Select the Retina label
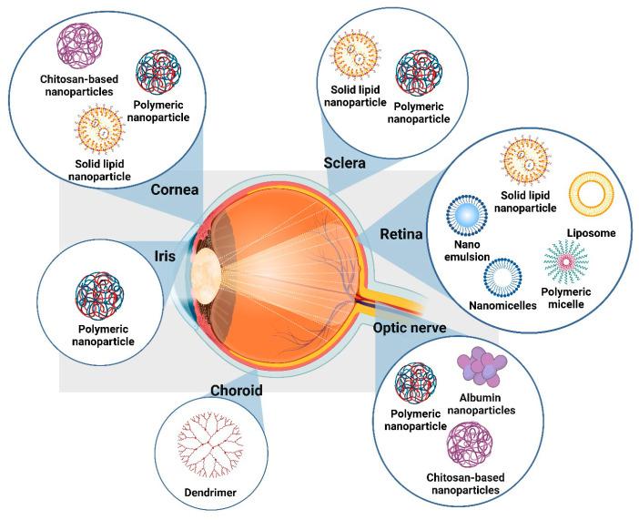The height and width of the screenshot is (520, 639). tap(402, 235)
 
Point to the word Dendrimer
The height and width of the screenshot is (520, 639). tap(205, 491)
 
